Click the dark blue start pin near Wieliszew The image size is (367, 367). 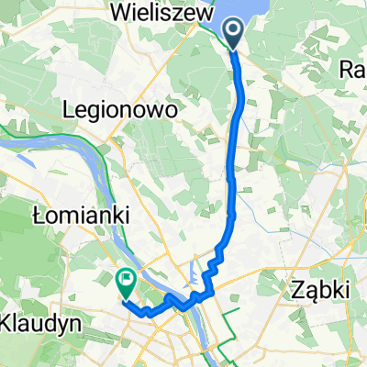tap(233, 32)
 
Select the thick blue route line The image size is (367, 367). tap(240, 119)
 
